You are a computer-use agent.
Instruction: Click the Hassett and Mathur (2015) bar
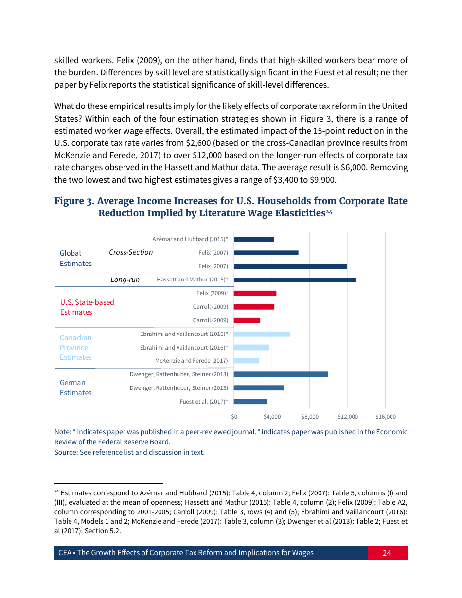[x=295, y=280]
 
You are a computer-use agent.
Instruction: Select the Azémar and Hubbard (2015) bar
[x=254, y=239]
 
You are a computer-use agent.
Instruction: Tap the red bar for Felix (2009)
[x=255, y=293]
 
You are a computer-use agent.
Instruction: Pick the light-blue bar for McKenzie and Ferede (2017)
[x=247, y=361]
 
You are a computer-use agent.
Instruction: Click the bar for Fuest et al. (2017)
[x=250, y=402]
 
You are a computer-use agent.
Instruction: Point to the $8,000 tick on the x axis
[x=310, y=417]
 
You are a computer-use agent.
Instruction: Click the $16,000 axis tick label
[x=386, y=417]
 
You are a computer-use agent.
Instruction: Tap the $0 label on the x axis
[x=234, y=417]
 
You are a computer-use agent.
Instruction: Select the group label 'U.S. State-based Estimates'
[x=87, y=307]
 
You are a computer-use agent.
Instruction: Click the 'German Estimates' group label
[x=75, y=387]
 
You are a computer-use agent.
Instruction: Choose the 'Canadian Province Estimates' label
[x=75, y=348]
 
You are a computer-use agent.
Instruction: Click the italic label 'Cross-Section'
[x=131, y=252]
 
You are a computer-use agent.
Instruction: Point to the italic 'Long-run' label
[x=125, y=280]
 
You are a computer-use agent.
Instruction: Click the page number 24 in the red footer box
[x=387, y=553]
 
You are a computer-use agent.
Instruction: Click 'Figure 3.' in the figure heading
[x=74, y=201]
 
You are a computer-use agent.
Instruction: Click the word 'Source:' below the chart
[x=66, y=452]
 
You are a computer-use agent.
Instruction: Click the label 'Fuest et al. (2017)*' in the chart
[x=204, y=402]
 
